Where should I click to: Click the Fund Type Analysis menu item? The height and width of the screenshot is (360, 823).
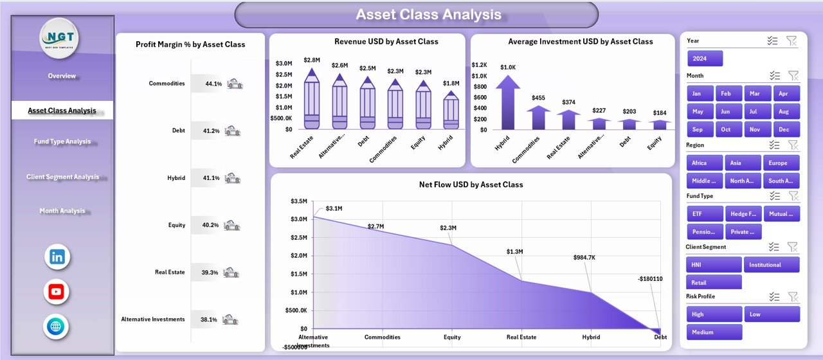(62, 141)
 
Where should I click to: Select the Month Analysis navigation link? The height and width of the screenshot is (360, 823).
(62, 211)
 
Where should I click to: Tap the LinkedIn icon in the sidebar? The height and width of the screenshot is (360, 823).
(57, 257)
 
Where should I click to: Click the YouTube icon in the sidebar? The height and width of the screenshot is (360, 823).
(57, 292)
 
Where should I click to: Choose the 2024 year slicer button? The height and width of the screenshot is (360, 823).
(705, 59)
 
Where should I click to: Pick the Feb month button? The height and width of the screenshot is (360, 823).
(725, 94)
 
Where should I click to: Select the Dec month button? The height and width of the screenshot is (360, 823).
(786, 129)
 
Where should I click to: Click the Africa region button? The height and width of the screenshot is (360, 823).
(704, 163)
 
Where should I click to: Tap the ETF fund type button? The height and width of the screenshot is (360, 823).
(705, 214)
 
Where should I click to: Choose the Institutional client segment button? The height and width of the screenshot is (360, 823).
(772, 265)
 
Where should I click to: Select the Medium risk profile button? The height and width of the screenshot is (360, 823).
(714, 332)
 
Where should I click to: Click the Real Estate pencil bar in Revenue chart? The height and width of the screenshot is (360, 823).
(311, 99)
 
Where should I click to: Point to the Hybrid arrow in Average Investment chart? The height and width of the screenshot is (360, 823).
(508, 102)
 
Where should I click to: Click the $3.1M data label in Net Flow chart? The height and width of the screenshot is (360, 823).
(334, 208)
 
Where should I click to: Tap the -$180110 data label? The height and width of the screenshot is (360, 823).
(650, 279)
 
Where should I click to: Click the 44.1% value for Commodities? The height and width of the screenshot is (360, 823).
(213, 84)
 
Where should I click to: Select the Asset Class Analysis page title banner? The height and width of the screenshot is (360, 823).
(417, 15)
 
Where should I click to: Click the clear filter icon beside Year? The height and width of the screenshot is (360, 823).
(791, 41)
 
